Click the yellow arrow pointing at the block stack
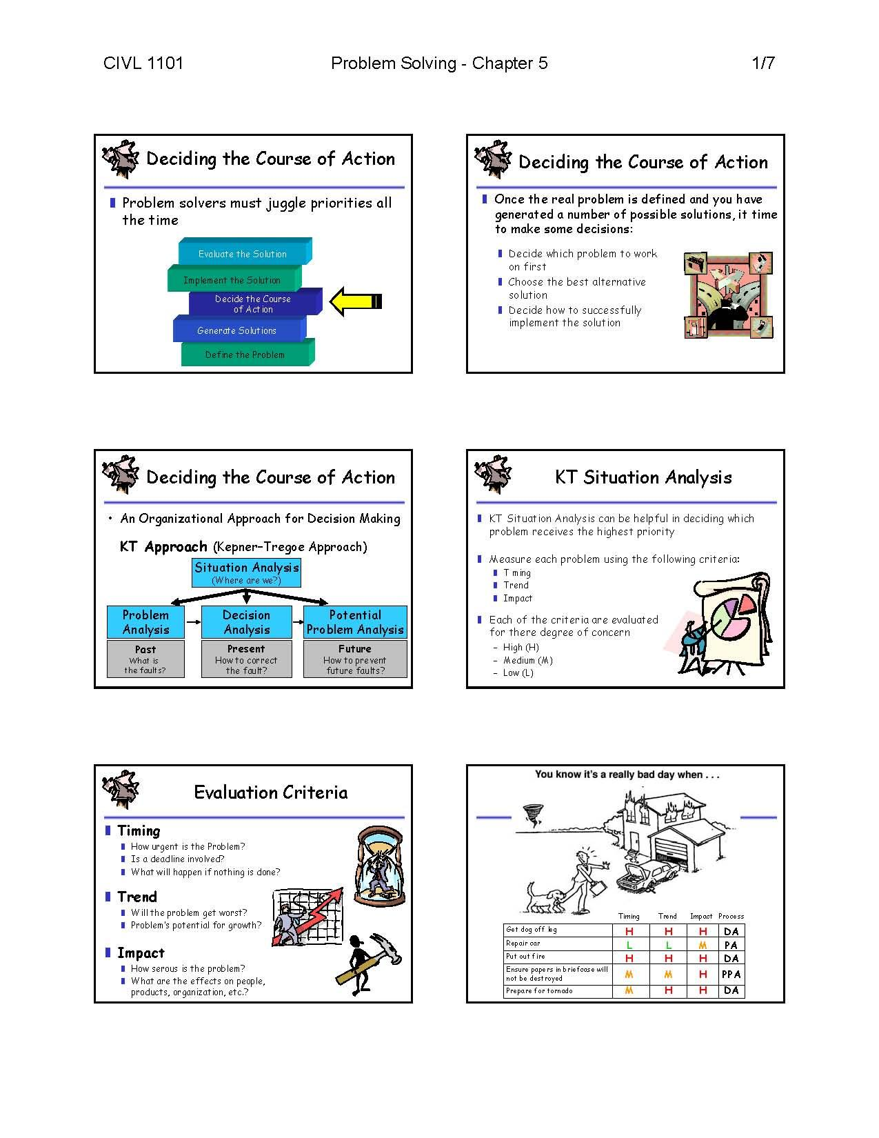356,301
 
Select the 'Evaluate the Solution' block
245,252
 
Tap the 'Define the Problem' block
247,353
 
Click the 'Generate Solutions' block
239,329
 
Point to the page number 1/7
762,63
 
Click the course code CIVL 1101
143,63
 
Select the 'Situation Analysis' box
246,573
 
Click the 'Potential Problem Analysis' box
355,621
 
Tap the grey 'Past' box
145,659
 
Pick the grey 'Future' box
355,659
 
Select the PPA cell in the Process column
731,974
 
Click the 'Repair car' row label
523,944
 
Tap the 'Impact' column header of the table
701,916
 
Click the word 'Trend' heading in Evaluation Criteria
137,897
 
